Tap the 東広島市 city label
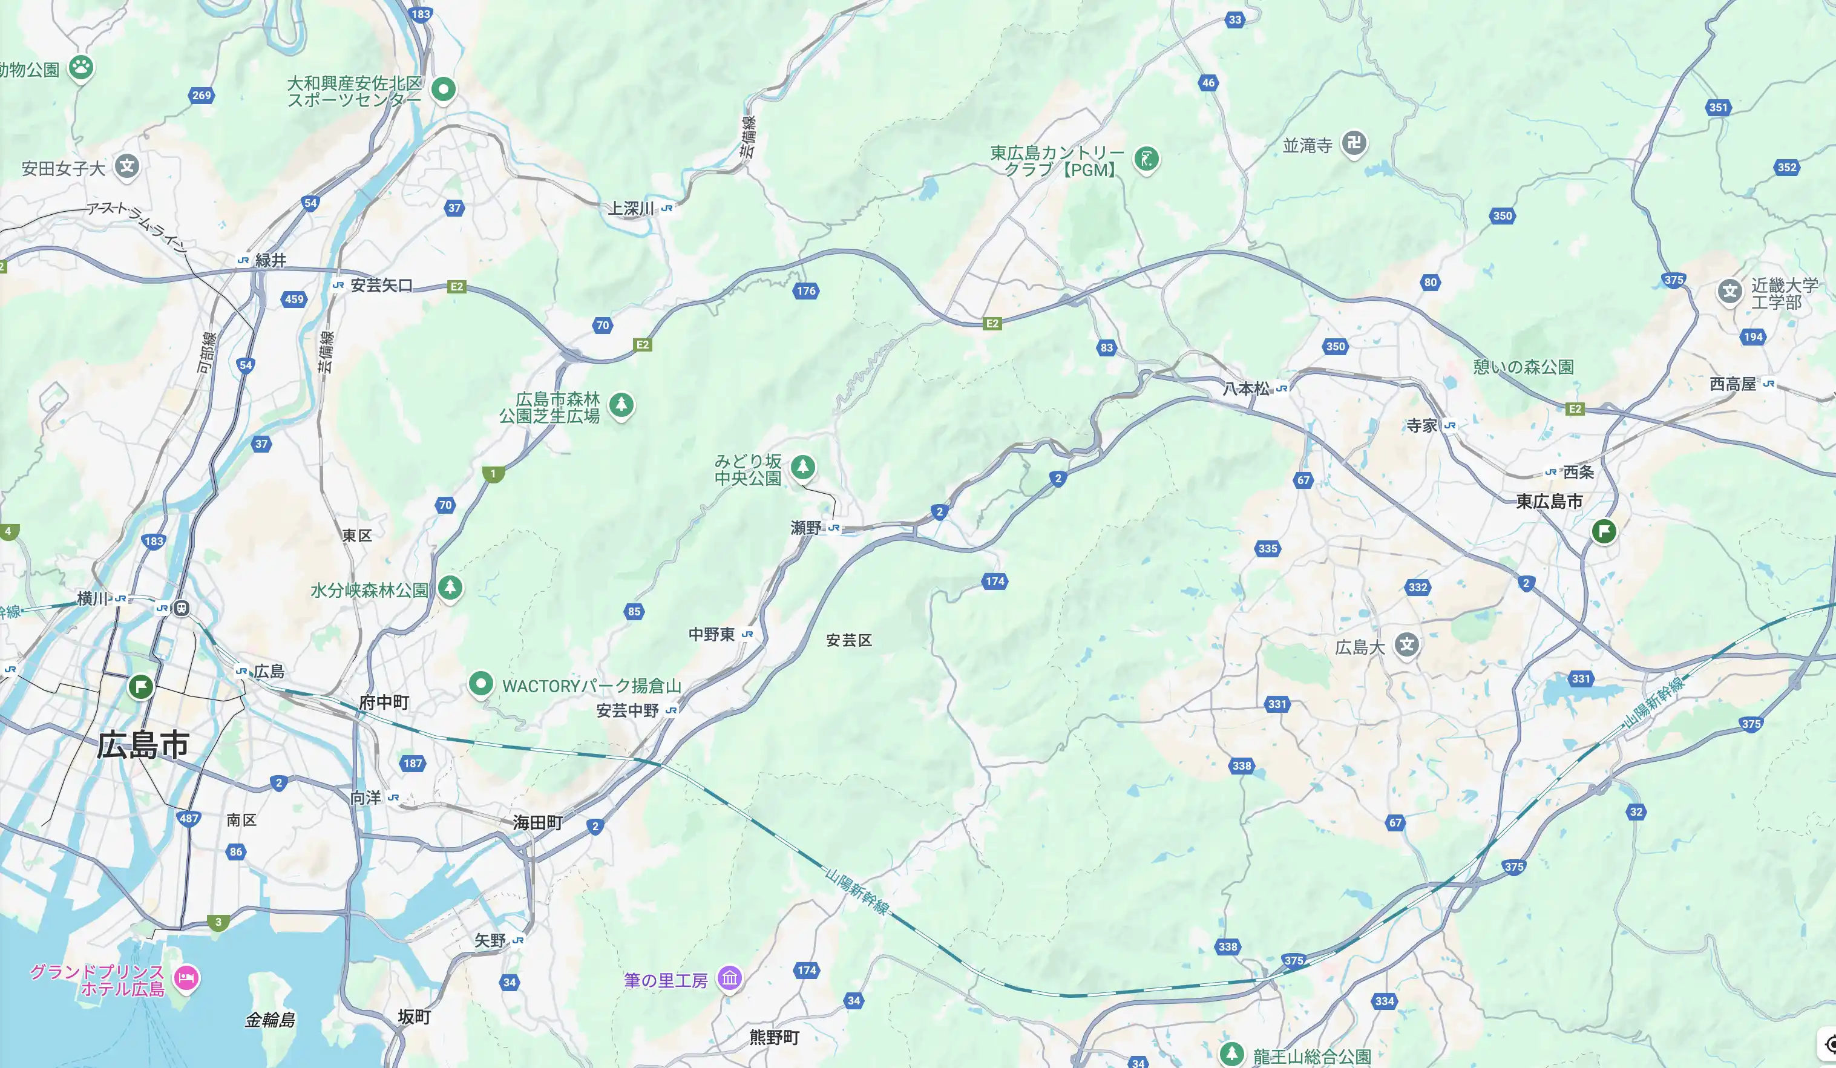pos(1549,501)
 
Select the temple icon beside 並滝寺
pos(1354,143)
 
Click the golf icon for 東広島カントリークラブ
pos(1146,159)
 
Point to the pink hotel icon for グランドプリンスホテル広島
pos(186,978)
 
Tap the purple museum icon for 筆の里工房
pos(729,978)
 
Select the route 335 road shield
pos(1267,549)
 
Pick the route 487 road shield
pos(189,818)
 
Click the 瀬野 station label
pos(806,528)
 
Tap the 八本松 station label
pos(1246,389)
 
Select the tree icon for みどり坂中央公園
pos(803,467)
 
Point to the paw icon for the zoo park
pos(81,68)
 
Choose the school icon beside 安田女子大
pos(126,166)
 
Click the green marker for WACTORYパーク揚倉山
pos(480,683)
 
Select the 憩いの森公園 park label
pos(1523,367)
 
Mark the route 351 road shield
pos(1718,107)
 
